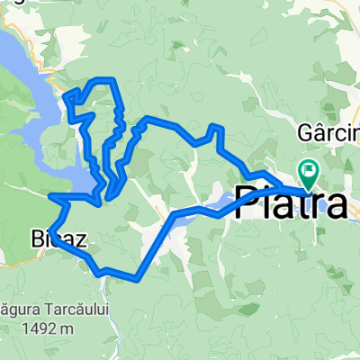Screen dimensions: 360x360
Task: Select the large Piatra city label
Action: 291,202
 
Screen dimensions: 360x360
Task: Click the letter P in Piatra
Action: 247,202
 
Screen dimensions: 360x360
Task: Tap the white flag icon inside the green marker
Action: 310,167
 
